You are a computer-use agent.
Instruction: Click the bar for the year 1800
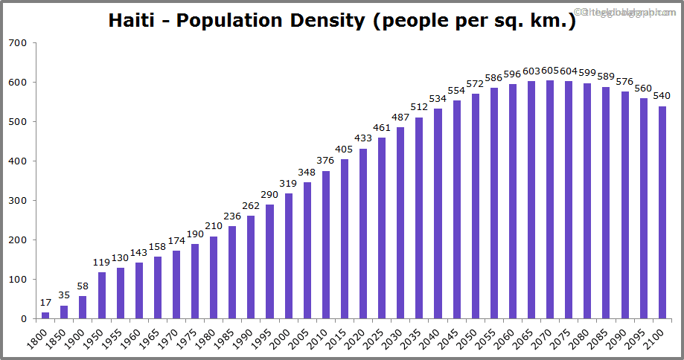pos(45,315)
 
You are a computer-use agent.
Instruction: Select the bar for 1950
pos(101,295)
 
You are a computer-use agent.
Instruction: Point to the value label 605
pos(550,71)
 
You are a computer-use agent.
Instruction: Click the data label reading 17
pos(45,303)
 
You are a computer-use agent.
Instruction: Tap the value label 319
pos(288,184)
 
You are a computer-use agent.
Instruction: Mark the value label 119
pos(101,263)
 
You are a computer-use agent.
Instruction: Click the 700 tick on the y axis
pos(19,43)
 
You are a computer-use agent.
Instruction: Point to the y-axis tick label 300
pos(19,201)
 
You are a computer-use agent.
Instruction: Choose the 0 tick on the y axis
pos(24,319)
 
